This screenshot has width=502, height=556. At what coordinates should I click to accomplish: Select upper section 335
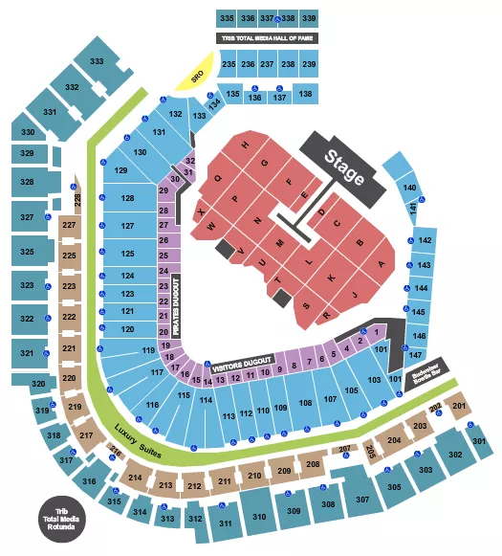pyautogui.click(x=226, y=18)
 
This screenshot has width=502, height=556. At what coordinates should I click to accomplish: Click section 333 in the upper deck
pyautogui.click(x=97, y=61)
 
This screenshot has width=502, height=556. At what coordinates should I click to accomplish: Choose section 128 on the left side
pyautogui.click(x=127, y=198)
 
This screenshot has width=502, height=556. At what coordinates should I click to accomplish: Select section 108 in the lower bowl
pyautogui.click(x=305, y=403)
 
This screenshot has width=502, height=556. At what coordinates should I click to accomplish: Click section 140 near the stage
pyautogui.click(x=410, y=188)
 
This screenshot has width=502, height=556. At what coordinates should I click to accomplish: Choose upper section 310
pyautogui.click(x=258, y=517)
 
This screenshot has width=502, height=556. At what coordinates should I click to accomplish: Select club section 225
pyautogui.click(x=69, y=256)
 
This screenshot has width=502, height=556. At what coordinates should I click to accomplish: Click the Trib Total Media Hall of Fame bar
pyautogui.click(x=268, y=38)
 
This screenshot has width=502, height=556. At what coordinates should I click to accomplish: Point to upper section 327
pyautogui.click(x=27, y=217)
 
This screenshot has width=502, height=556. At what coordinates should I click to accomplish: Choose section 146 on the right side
pyautogui.click(x=417, y=336)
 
